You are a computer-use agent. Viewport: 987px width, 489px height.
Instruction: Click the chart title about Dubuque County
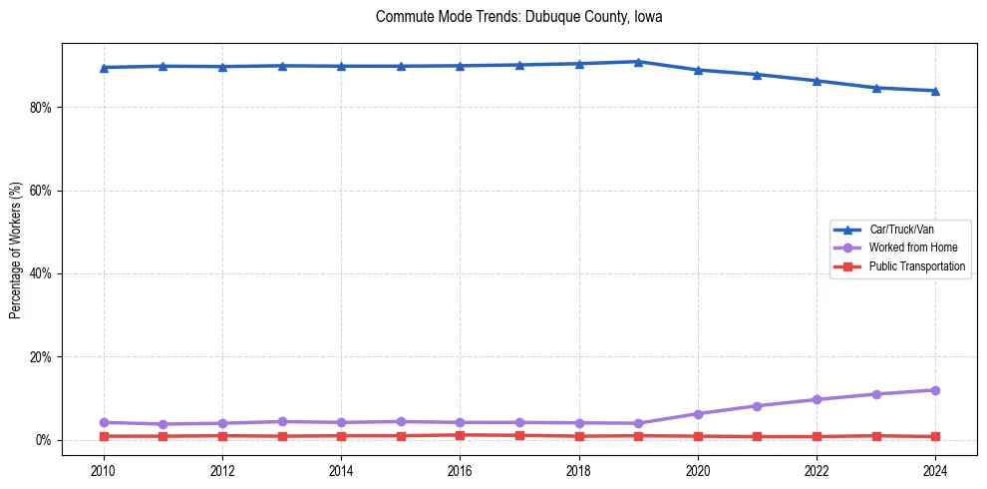[x=518, y=17]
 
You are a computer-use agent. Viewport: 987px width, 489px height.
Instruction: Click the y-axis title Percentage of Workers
[x=15, y=249]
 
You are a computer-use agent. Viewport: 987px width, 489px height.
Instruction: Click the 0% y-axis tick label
[x=43, y=440]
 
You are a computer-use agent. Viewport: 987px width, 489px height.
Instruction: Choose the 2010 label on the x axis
[x=103, y=469]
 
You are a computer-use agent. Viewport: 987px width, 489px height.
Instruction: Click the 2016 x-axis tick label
[x=460, y=469]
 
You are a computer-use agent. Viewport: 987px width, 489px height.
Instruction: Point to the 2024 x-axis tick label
[x=935, y=469]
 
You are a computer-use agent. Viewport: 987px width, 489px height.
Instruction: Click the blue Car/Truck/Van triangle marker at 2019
[x=638, y=62]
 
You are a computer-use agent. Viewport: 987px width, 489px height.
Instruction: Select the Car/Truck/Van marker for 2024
[x=935, y=91]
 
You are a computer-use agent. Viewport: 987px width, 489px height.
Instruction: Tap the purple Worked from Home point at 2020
[x=698, y=413]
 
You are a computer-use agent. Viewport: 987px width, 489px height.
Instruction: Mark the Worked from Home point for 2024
[x=935, y=390]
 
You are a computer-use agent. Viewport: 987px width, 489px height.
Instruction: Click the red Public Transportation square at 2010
[x=103, y=436]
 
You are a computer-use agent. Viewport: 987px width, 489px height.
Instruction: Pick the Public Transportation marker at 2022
[x=817, y=436]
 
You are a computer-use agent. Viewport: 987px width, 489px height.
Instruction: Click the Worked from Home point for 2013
[x=281, y=421]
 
